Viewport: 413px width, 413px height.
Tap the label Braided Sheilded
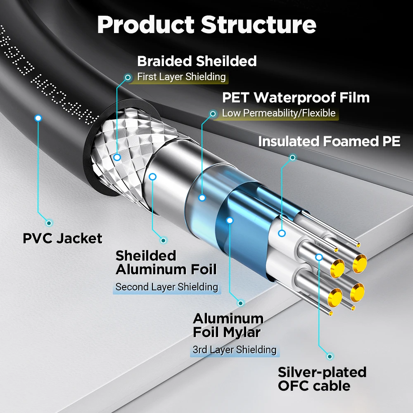(197, 61)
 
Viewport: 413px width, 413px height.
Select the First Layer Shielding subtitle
(181, 77)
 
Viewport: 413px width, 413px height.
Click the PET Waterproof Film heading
(296, 98)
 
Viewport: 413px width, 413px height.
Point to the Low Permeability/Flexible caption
(278, 113)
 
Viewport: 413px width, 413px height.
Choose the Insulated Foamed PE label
(329, 142)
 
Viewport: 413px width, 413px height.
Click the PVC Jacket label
(62, 238)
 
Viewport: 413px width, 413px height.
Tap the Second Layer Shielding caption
(166, 287)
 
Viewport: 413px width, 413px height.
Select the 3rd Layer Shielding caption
(234, 350)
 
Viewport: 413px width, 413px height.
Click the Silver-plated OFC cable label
(322, 379)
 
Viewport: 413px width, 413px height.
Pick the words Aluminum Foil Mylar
(228, 325)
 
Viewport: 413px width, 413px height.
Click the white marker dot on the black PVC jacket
(38, 118)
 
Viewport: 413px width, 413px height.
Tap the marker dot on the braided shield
(117, 157)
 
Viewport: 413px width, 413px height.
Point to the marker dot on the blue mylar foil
(230, 221)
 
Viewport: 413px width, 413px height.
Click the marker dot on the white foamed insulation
(282, 233)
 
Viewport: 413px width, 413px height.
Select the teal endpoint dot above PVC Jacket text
(49, 223)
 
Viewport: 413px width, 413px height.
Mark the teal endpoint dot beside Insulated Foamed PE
(292, 157)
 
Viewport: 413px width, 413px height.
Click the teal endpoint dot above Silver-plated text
(330, 356)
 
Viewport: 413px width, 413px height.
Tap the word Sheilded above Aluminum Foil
(145, 256)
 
